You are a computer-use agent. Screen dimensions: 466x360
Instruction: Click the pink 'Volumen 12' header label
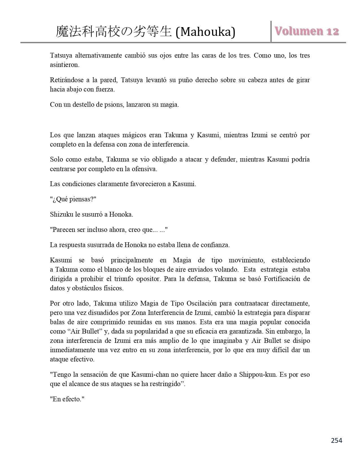pyautogui.click(x=307, y=31)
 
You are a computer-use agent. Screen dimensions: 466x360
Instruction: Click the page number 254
pyautogui.click(x=336, y=440)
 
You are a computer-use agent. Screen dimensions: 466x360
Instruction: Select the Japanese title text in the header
pyautogui.click(x=114, y=32)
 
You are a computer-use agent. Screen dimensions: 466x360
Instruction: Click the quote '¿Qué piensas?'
pyautogui.click(x=73, y=199)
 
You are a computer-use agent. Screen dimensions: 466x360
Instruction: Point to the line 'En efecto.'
pyautogui.click(x=67, y=399)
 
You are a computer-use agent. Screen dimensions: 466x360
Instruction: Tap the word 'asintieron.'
pyautogui.click(x=65, y=65)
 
